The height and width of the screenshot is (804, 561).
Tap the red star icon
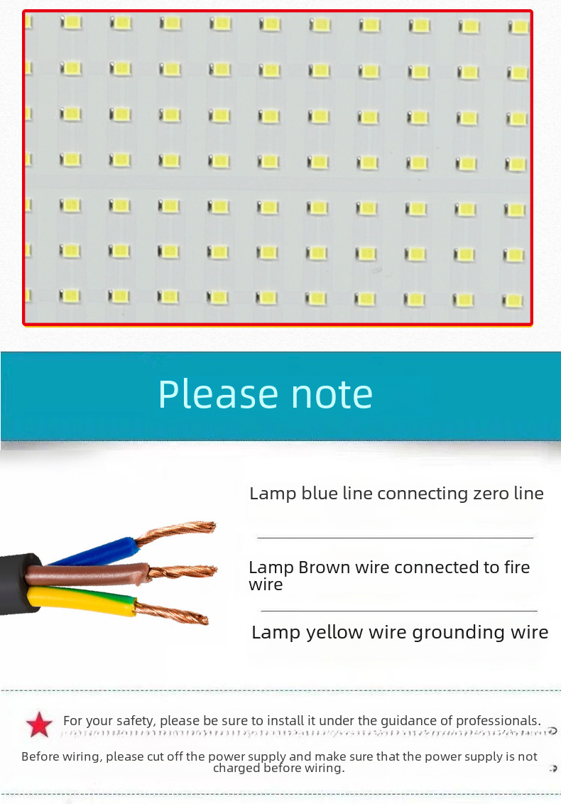pos(39,724)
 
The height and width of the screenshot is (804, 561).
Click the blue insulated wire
pos(99,551)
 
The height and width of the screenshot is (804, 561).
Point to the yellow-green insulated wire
pos(85,600)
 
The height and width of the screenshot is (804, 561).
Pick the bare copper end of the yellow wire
pos(174,612)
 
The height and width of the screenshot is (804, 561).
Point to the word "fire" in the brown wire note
pos(516,567)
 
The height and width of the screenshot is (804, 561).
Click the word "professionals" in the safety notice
pos(497,720)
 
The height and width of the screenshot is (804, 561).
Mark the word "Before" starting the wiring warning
pos(40,756)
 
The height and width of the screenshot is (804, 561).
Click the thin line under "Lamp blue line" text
pos(395,538)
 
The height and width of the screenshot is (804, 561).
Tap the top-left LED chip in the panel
pos(71,23)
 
